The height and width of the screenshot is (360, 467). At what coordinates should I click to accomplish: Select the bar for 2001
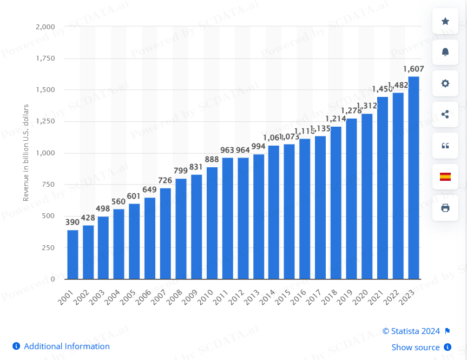(73, 254)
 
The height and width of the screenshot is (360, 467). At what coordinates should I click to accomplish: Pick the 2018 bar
(336, 203)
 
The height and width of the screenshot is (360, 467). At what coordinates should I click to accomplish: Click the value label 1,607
(413, 69)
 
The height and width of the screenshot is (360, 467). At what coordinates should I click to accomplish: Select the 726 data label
(166, 181)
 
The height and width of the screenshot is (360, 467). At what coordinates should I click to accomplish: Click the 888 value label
(212, 160)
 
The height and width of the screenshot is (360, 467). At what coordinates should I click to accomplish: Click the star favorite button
(445, 21)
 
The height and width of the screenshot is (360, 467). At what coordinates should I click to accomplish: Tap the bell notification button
(445, 52)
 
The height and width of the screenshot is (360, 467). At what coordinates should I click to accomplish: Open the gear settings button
(445, 83)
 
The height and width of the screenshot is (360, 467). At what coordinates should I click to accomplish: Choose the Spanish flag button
(445, 176)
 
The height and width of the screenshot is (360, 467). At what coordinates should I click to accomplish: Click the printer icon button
(445, 208)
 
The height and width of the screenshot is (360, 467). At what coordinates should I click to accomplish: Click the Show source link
(415, 348)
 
